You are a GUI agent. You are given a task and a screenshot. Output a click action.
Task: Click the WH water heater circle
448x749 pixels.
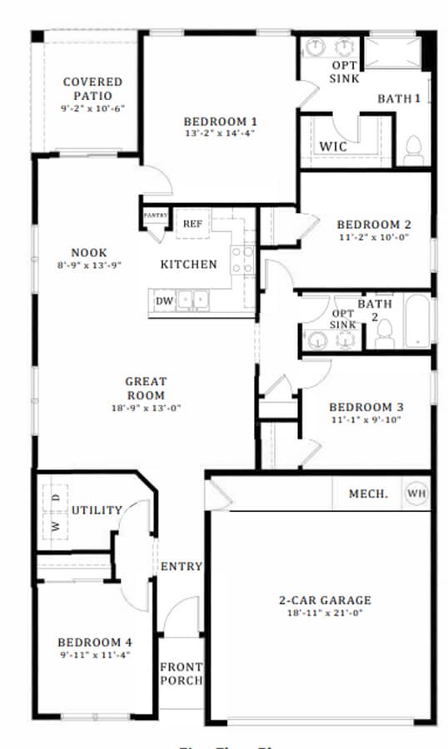[416, 494]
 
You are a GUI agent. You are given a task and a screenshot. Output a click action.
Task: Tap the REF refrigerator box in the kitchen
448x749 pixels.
[193, 223]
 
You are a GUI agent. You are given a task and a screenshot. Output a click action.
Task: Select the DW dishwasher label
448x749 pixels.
[163, 300]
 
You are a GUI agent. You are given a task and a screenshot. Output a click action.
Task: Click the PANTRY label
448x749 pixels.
[156, 215]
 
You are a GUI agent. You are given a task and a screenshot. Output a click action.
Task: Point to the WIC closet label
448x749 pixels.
[333, 146]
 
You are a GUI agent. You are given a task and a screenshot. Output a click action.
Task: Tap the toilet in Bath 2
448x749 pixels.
[384, 333]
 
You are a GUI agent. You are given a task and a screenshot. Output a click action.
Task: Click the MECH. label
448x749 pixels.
[368, 494]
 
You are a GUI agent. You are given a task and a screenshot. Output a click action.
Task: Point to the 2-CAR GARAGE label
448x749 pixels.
[324, 600]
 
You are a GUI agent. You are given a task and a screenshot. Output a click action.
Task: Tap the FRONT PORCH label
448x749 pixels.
[181, 673]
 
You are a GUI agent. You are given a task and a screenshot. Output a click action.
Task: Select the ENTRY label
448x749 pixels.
[181, 567]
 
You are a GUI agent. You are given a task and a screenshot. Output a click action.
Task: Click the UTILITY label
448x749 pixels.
[97, 510]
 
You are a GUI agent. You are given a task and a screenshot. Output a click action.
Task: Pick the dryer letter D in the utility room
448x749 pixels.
[56, 497]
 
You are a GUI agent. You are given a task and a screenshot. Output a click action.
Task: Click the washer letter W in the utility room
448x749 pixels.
[56, 526]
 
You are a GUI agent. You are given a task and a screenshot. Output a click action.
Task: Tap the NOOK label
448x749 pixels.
[89, 253]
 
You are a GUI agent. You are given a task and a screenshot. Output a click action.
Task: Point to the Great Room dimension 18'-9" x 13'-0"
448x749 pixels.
[146, 408]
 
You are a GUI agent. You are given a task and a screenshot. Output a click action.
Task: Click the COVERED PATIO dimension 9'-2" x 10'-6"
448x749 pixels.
[92, 108]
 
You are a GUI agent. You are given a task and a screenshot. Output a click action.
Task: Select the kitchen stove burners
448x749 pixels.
[242, 259]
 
